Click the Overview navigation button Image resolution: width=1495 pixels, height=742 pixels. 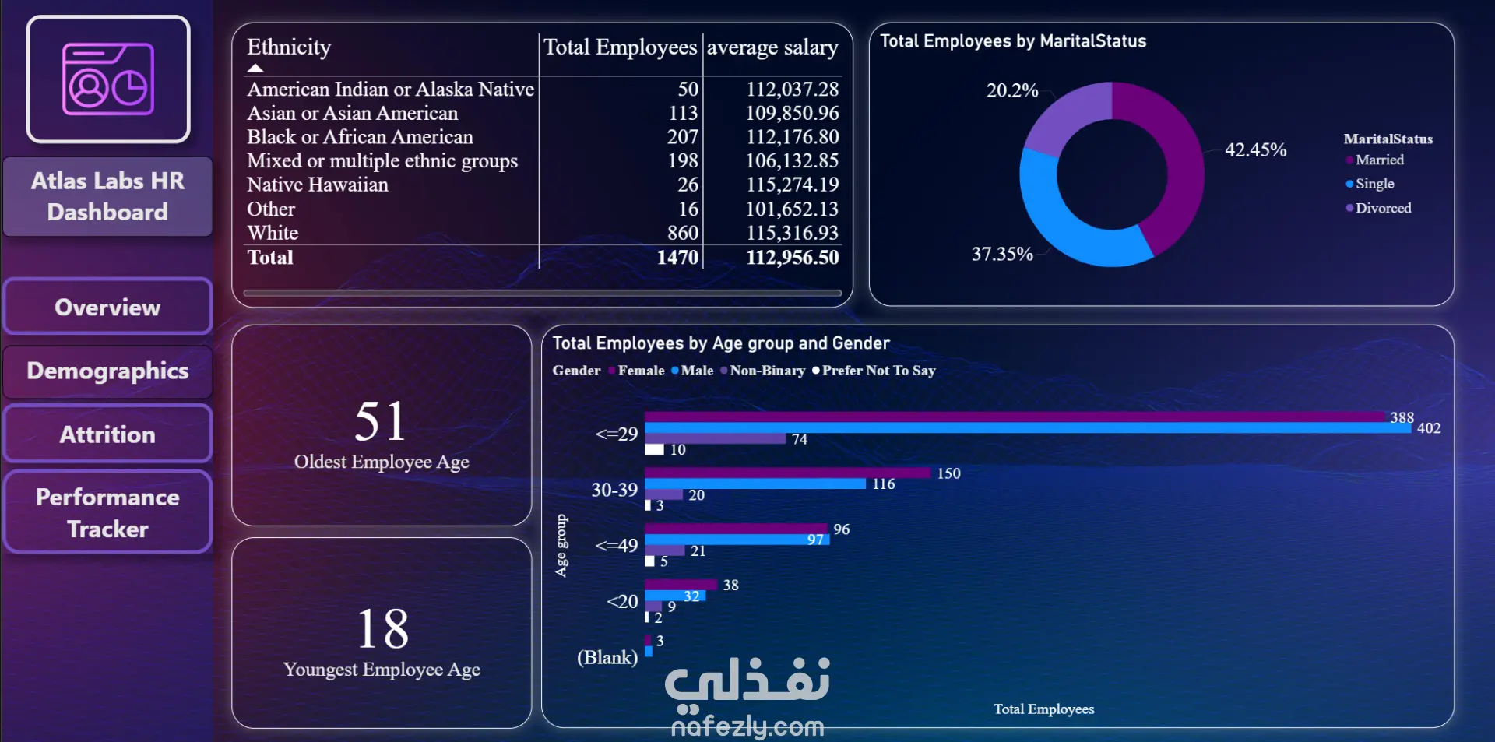tap(107, 307)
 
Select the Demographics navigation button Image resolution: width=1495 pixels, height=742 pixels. tap(107, 371)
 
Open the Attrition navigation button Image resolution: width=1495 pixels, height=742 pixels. tap(107, 434)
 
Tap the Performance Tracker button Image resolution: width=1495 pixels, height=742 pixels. tap(107, 512)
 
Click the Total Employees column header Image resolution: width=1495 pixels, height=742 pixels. tap(620, 47)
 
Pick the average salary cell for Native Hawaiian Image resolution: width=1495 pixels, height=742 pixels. tap(792, 185)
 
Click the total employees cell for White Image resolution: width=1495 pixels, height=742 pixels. tap(682, 233)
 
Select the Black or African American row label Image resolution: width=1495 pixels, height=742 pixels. tap(360, 137)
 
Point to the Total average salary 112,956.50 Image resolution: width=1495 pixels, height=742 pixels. tap(792, 258)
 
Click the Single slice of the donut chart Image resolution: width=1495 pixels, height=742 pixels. tap(1067, 226)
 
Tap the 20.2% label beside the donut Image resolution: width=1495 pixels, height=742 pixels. tap(1012, 90)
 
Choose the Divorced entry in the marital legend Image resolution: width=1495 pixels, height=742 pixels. tap(1383, 208)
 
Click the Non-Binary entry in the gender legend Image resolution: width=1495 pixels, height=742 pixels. tap(767, 371)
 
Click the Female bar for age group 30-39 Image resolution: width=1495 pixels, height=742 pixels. tap(786, 473)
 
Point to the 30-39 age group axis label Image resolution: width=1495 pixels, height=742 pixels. tap(614, 490)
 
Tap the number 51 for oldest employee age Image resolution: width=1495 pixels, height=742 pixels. tap(381, 422)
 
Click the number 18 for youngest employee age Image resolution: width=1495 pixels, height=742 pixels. tap(382, 629)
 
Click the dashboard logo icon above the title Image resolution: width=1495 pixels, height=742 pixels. tap(108, 79)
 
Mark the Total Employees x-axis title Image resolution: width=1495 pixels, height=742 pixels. tap(1043, 709)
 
